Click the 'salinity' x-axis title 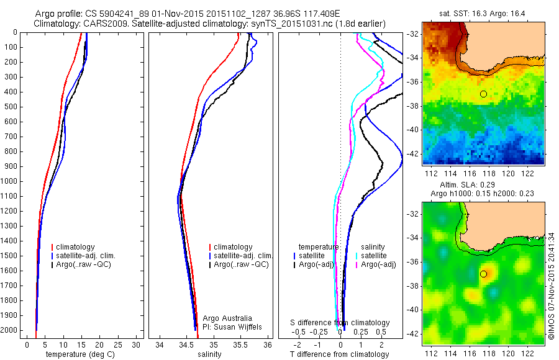pos(209,354)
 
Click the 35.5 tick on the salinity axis pos(240,344)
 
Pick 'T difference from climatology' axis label pos(339,354)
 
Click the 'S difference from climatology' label pos(340,323)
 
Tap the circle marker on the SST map pos(483,94)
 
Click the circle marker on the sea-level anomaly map pos(483,274)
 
